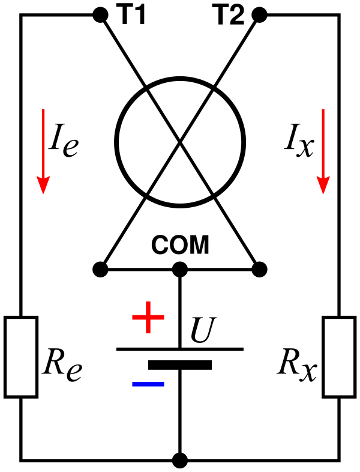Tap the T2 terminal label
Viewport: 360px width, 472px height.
tap(229, 16)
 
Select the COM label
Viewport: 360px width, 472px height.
tap(180, 245)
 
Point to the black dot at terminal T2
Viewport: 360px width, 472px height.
tap(259, 15)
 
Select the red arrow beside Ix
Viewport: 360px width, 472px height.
tap(323, 151)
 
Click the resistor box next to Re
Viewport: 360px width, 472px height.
tap(21, 357)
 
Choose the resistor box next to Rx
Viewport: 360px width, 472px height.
tap(339, 357)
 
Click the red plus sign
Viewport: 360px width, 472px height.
tap(148, 319)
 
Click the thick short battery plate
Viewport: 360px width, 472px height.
tap(180, 365)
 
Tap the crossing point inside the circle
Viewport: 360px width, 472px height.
tap(180, 142)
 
